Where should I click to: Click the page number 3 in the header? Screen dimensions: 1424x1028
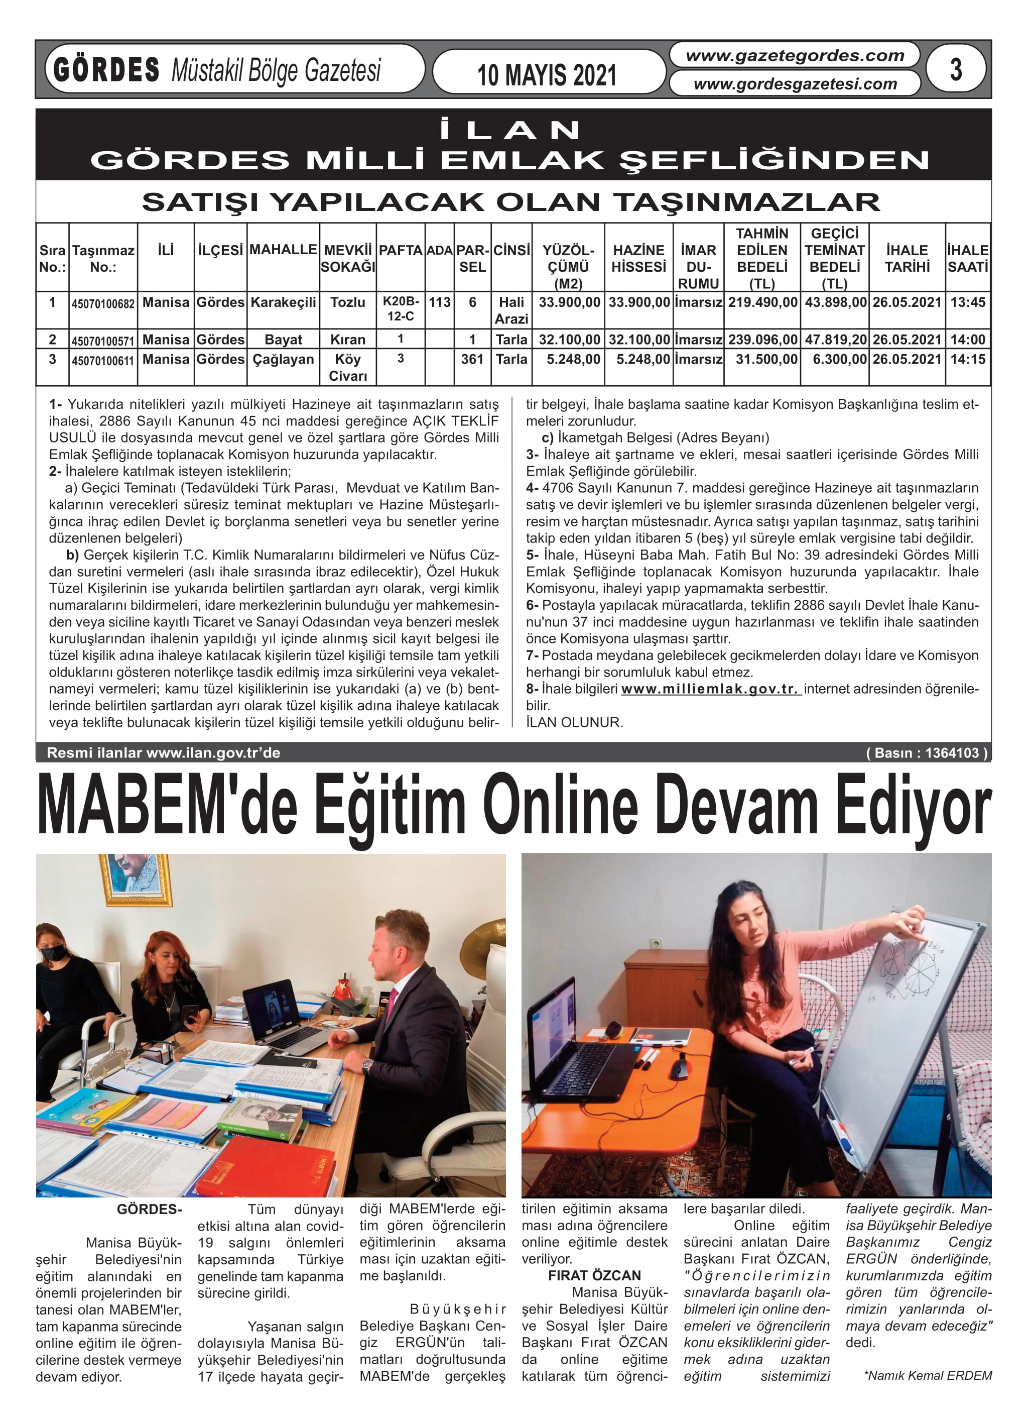pyautogui.click(x=955, y=69)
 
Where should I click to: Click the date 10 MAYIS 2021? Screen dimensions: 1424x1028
pyautogui.click(x=546, y=75)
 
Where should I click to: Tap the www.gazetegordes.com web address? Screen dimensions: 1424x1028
pyautogui.click(x=795, y=56)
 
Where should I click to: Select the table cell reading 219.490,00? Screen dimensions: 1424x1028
pyautogui.click(x=762, y=302)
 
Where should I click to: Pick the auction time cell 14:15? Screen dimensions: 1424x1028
pyautogui.click(x=967, y=359)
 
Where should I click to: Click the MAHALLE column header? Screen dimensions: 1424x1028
pyautogui.click(x=283, y=249)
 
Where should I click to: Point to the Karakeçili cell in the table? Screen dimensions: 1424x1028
pyautogui.click(x=283, y=302)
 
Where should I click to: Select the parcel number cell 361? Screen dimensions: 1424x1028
pyautogui.click(x=472, y=359)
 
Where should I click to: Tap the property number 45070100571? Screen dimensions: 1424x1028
pyautogui.click(x=103, y=341)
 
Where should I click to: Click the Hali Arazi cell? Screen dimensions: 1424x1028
pyautogui.click(x=511, y=310)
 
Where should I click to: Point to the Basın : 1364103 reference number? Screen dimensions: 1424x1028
pyautogui.click(x=926, y=752)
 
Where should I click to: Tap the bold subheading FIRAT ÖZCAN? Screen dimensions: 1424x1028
pyautogui.click(x=594, y=1275)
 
